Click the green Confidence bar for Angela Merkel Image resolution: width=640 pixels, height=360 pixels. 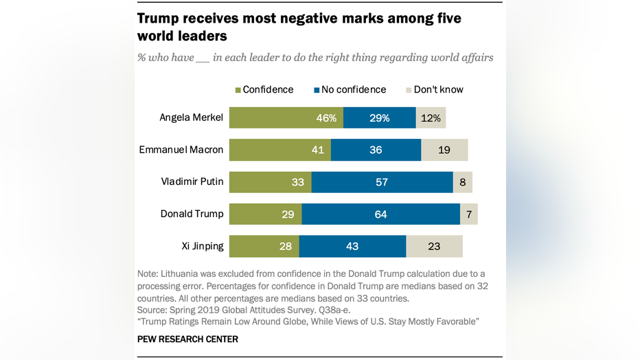click(286, 117)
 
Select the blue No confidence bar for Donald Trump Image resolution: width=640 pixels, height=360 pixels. click(380, 214)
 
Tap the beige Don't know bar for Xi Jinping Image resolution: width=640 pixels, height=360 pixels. click(434, 246)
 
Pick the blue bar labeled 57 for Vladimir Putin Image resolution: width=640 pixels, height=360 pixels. click(382, 182)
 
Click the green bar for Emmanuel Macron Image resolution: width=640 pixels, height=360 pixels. click(279, 150)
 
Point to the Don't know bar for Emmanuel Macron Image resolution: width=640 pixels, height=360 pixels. click(444, 150)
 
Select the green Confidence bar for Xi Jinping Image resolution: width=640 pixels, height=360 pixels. click(264, 246)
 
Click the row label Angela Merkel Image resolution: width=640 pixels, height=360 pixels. click(191, 117)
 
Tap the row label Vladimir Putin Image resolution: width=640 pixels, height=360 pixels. click(192, 182)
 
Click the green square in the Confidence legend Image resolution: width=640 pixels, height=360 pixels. click(238, 90)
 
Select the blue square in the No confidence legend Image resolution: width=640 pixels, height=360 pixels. click(317, 90)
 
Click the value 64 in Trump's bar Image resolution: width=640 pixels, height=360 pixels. click(380, 214)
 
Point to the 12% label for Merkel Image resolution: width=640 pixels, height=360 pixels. click(431, 117)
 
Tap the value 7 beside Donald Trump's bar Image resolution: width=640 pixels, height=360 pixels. click(469, 214)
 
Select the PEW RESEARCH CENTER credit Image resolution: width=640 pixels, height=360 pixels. click(187, 339)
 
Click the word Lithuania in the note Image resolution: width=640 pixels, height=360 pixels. click(183, 273)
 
